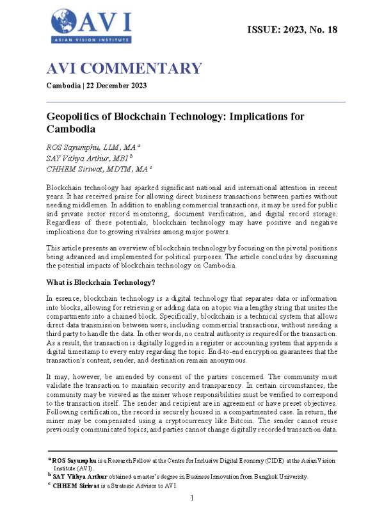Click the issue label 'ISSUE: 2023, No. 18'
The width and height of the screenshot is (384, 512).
click(291, 30)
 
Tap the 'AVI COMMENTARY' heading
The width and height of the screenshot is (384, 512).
click(124, 69)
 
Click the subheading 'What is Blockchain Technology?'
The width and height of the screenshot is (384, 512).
click(100, 282)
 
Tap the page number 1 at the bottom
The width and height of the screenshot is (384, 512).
click(192, 497)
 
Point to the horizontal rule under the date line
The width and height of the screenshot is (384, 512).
click(196, 102)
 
